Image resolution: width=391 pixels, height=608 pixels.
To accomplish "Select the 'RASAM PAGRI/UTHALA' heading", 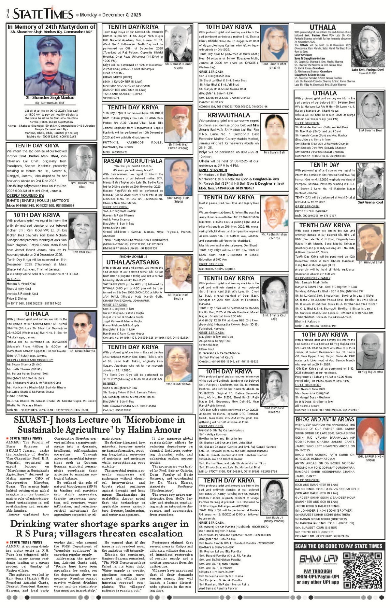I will click(x=133, y=161).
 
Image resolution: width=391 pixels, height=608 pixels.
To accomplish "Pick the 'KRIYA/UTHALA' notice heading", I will click(x=229, y=115).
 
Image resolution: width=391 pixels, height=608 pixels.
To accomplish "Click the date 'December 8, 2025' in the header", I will click(x=122, y=15).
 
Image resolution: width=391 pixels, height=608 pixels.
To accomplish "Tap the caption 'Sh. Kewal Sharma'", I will click(x=82, y=351).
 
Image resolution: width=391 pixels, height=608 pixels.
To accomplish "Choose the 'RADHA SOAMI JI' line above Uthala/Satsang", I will click(x=133, y=257).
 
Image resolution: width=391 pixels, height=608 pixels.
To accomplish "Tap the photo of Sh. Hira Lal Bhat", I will click(x=370, y=242).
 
